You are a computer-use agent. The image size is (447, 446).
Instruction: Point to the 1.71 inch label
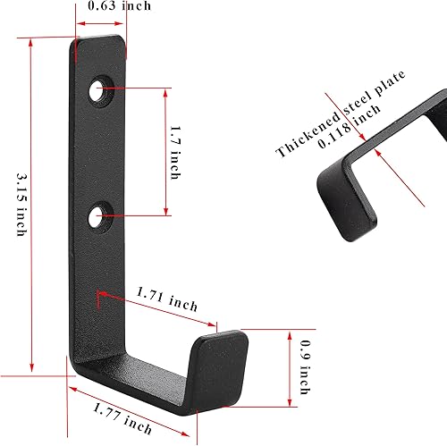coord(166,298)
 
